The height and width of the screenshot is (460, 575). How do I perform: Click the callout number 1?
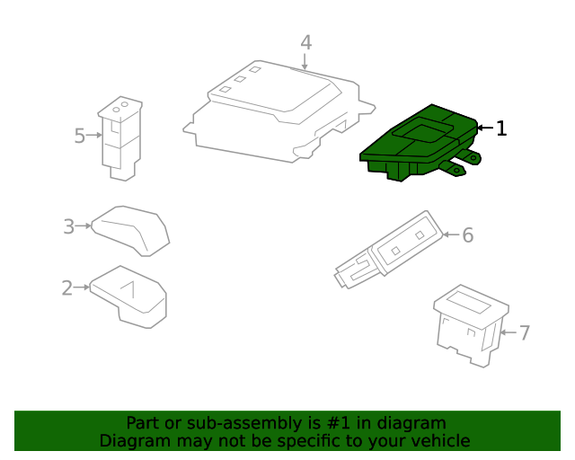point(501,128)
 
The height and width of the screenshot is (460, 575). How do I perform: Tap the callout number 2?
point(67,287)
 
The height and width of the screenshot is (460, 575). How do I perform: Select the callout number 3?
point(69,226)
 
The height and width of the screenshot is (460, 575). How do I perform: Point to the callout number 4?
point(306,42)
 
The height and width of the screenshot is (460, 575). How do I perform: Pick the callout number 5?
point(80,136)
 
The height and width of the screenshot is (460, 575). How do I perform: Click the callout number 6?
point(467,234)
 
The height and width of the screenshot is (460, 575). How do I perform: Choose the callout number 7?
point(525,332)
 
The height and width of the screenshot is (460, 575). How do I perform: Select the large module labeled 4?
point(279,111)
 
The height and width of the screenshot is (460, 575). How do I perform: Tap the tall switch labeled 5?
point(120,138)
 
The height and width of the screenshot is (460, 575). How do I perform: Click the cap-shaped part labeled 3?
point(130,231)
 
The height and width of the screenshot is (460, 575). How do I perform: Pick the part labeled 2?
point(128,297)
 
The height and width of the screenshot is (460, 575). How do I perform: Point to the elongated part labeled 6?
point(389,250)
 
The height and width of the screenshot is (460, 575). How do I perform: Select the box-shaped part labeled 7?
point(471,326)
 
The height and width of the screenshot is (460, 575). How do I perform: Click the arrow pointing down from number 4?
point(305,61)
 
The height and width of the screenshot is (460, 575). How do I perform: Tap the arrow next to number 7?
point(509,332)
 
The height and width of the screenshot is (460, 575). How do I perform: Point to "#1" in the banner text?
point(338,423)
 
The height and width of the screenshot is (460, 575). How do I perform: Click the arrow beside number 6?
point(451,234)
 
